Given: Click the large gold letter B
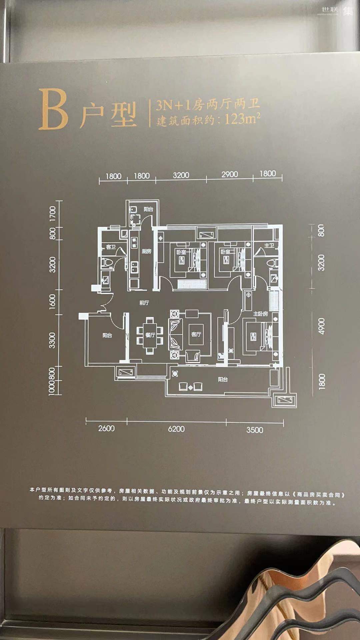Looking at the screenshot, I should tap(53, 109).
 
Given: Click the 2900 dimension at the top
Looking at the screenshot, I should tap(230, 174).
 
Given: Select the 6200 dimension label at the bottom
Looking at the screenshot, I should tap(176, 429).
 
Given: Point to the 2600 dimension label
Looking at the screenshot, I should tap(106, 428).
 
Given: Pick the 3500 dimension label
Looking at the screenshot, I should tap(255, 430).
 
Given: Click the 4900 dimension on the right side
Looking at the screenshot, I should tap(321, 326).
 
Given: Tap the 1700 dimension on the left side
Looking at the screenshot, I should tap(53, 213).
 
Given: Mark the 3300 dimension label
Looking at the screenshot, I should tap(52, 340).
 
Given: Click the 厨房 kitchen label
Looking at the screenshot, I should tap(147, 251).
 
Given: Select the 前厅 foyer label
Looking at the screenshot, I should tap(144, 303).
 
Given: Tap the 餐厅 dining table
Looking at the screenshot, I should tap(150, 335).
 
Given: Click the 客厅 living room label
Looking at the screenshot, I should tap(196, 334).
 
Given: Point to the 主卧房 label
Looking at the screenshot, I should tap(260, 314).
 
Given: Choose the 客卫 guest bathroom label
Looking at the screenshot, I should tap(111, 247).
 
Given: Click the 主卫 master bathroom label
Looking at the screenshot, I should tap(269, 246).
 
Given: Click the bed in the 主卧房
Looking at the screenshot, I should tap(258, 336).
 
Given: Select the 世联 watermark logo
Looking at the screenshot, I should tap(330, 10).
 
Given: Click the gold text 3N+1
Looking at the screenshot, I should tap(174, 105).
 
